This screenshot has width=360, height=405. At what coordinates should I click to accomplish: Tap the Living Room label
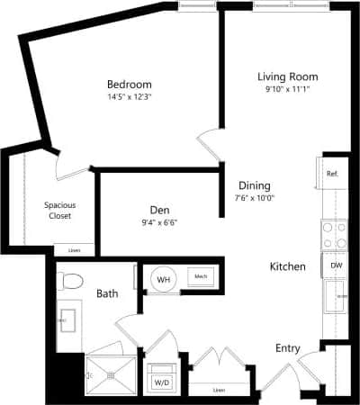point(287,76)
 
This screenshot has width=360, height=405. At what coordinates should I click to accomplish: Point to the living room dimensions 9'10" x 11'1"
point(287,90)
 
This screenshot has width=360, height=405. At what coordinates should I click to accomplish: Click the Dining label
point(253,185)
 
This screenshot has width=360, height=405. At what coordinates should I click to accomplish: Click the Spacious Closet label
point(59,210)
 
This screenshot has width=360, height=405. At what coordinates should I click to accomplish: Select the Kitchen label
point(288,267)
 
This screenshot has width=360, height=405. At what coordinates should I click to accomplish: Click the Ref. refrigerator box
point(331,173)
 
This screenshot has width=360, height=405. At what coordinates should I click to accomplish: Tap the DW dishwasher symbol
point(336,265)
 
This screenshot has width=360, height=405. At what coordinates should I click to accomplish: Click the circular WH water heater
point(164,279)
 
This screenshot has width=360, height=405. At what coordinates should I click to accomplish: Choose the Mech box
point(200,277)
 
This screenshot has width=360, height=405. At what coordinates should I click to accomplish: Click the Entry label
point(288,347)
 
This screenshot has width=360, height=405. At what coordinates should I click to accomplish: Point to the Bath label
point(107,293)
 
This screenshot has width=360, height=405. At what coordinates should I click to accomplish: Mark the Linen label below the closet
point(74,250)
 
